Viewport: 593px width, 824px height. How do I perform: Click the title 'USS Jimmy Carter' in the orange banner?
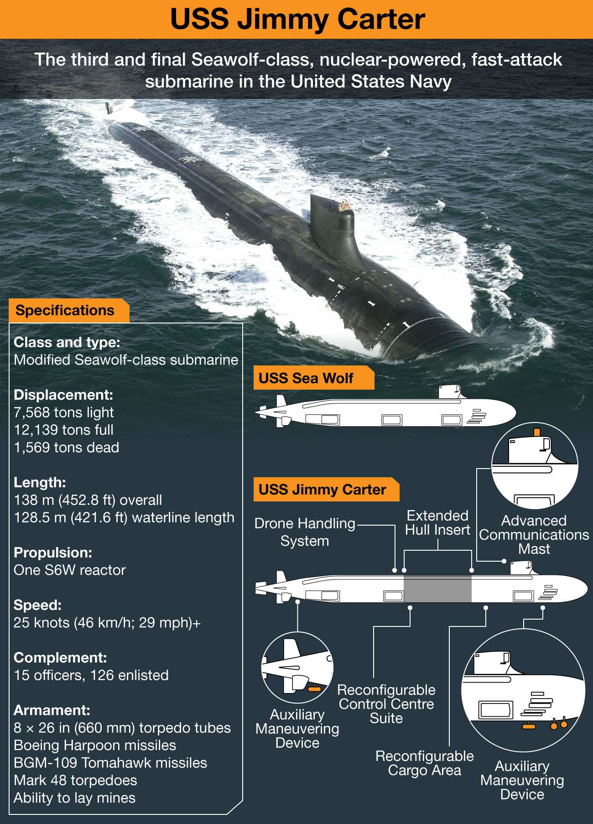[x=297, y=19]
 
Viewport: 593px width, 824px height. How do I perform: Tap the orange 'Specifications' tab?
[x=65, y=311]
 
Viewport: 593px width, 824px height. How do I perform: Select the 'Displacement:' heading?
[x=63, y=395]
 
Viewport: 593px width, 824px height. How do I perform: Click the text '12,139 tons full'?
[x=63, y=430]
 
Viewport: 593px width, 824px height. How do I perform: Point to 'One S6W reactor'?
[x=70, y=570]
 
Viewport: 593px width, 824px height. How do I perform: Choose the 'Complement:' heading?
[x=60, y=657]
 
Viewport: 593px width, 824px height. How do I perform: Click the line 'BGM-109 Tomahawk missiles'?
[x=110, y=763]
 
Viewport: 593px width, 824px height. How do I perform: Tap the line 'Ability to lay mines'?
[x=75, y=798]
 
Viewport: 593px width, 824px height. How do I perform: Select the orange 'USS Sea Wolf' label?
[x=306, y=378]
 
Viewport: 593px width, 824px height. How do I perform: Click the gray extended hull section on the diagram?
[x=437, y=589]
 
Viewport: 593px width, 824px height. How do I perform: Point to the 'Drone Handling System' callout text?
[x=305, y=532]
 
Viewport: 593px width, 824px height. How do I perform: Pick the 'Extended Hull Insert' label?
[x=437, y=523]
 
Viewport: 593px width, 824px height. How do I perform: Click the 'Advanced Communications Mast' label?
[x=534, y=535]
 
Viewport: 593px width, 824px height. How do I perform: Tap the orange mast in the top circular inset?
[x=537, y=432]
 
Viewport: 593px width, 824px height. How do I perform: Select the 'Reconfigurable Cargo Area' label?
[x=424, y=763]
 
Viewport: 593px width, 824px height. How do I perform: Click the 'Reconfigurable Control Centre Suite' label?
[x=386, y=704]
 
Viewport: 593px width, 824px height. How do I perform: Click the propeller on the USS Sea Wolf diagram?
[x=262, y=412]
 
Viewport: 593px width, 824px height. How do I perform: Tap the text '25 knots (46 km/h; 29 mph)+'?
[x=107, y=623]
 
